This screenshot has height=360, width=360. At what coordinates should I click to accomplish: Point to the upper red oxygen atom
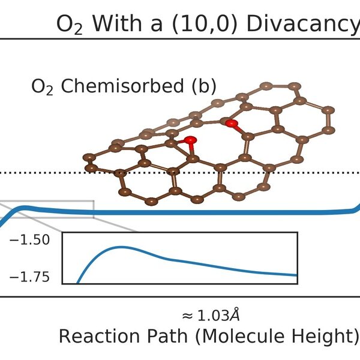point(232,124)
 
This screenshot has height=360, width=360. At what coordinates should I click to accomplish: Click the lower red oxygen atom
point(190,141)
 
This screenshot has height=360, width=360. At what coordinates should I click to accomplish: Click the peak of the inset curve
point(120,247)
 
